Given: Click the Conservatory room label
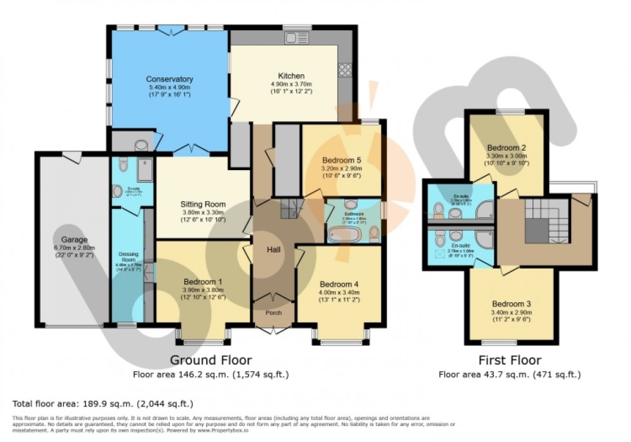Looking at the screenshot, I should (169, 79).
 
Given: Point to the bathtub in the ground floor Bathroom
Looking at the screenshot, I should (341, 233).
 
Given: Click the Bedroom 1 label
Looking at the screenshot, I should (203, 282).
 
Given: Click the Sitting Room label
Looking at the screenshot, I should (202, 204).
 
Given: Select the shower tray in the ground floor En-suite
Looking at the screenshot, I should (143, 166).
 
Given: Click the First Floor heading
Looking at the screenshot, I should (509, 360).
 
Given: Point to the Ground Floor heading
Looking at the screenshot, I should (211, 360).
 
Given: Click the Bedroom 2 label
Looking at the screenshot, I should (507, 147).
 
